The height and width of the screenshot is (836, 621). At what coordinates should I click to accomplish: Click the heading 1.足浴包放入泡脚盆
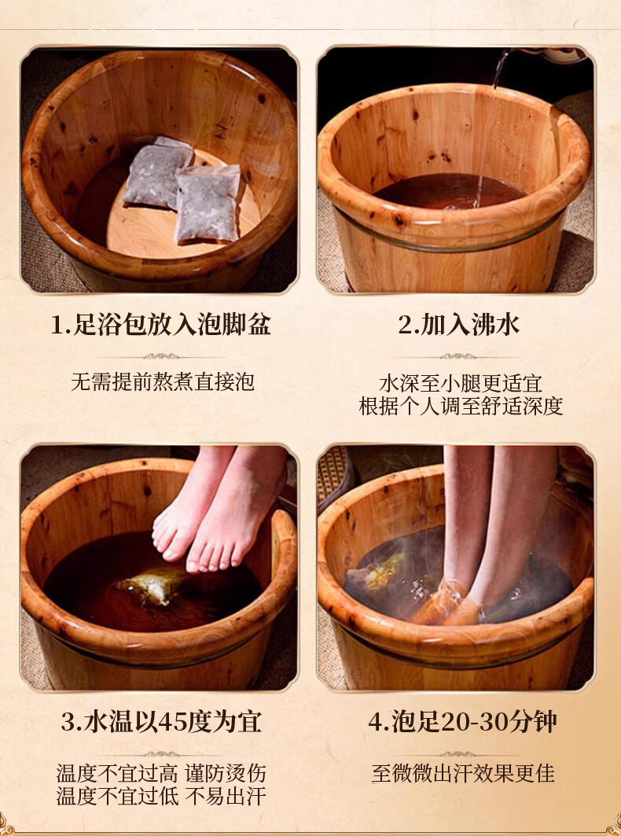click(x=161, y=325)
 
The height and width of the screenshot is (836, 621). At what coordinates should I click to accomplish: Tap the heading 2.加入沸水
click(x=458, y=325)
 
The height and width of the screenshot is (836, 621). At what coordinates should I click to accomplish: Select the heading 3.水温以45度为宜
click(x=161, y=722)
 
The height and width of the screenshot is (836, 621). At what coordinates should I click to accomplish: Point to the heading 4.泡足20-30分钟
click(x=462, y=722)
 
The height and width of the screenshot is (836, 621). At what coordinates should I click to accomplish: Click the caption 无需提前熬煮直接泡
click(x=163, y=381)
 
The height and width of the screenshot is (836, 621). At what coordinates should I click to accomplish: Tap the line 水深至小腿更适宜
click(x=461, y=384)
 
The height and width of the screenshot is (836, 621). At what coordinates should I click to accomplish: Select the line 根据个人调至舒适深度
click(x=461, y=406)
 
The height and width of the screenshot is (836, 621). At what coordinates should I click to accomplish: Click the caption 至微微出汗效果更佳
click(x=463, y=774)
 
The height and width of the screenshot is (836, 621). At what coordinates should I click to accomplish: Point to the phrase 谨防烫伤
click(x=225, y=774)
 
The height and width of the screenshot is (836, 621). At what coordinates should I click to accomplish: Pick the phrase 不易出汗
click(x=225, y=796)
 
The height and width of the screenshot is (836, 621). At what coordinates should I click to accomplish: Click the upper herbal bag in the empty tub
click(x=157, y=171)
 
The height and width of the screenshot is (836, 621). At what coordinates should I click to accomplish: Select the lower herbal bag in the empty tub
click(x=208, y=204)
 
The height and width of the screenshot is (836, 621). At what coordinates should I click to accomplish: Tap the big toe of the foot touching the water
click(x=196, y=562)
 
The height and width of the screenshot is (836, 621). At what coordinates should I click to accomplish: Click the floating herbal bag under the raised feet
click(x=149, y=585)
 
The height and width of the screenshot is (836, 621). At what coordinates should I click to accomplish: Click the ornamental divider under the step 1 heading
click(x=161, y=356)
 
